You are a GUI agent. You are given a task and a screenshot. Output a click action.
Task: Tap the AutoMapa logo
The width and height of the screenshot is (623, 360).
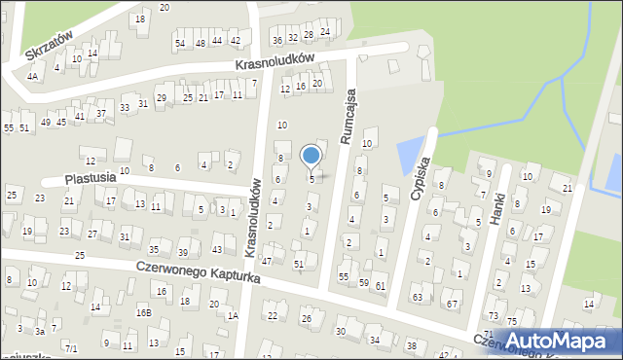(557, 341)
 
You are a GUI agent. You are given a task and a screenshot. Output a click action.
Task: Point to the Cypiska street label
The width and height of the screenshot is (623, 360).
(421, 181)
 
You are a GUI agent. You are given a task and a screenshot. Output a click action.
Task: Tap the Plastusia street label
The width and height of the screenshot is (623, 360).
(91, 179)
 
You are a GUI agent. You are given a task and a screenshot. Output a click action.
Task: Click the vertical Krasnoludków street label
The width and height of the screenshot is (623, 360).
(254, 218)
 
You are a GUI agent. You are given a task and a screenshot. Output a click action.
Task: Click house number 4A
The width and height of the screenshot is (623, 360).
(32, 76)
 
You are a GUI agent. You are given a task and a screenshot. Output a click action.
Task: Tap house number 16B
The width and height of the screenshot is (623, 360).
(143, 312)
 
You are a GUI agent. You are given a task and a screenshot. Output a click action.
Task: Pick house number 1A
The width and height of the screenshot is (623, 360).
(233, 315)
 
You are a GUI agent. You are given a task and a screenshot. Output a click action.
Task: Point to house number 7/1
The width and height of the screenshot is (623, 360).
(71, 347)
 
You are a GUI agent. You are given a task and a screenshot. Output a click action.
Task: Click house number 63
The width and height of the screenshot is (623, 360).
(417, 296)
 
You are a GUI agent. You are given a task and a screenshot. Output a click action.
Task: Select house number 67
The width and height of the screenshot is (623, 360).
(451, 305)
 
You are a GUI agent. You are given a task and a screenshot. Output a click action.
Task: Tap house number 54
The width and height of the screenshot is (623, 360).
(179, 43)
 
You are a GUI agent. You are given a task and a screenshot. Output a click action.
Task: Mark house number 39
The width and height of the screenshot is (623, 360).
(182, 253)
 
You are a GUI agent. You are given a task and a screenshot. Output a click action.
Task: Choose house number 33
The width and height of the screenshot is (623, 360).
(125, 107)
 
